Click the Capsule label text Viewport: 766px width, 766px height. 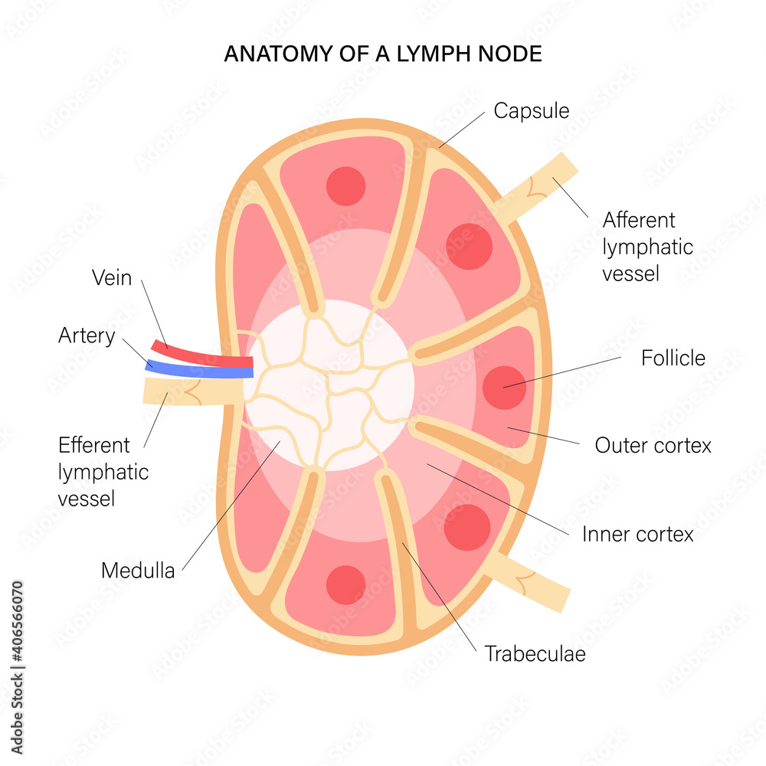[x=531, y=111]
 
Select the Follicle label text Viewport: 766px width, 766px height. [x=673, y=358]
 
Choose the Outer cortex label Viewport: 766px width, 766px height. [x=653, y=445]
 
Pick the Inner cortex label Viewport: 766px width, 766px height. [x=637, y=534]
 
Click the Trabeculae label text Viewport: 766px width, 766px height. [x=535, y=654]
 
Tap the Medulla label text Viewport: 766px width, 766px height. [x=138, y=571]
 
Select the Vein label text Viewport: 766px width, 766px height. [x=112, y=278]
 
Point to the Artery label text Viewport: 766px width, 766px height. [x=87, y=336]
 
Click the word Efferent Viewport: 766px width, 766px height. [x=94, y=445]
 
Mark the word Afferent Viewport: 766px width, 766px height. [x=639, y=221]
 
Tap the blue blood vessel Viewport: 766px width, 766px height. [x=199, y=370]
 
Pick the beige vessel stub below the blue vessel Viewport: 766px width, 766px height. [x=191, y=391]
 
